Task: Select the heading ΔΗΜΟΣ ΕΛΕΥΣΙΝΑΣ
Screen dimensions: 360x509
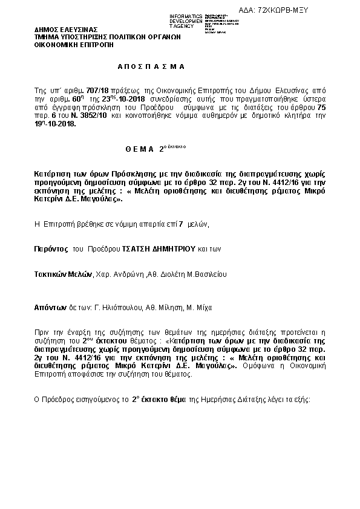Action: pos(62,28)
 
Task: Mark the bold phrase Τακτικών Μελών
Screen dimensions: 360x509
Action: pos(62,274)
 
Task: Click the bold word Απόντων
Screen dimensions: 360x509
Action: pos(50,308)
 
